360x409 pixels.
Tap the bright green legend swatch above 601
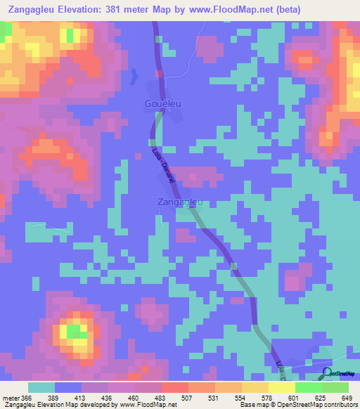[x=307, y=387]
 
